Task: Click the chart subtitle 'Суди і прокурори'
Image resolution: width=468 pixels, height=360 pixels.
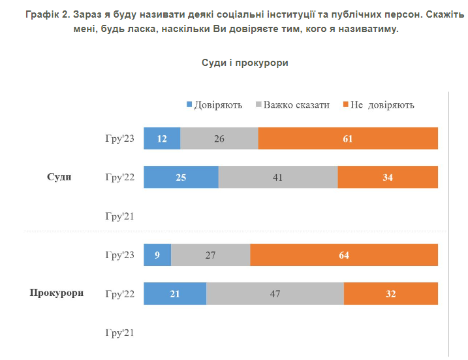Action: tap(245, 63)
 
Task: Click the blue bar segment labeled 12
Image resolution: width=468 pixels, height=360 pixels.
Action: tap(162, 139)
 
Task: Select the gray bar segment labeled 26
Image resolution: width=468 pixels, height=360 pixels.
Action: tap(219, 139)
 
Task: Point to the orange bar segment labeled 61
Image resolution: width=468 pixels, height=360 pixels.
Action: tap(348, 139)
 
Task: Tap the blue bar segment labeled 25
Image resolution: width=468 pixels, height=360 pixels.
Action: tap(181, 177)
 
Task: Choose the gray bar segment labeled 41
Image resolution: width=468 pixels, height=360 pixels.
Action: tap(278, 177)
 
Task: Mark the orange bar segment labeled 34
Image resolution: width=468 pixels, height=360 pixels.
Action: tap(388, 177)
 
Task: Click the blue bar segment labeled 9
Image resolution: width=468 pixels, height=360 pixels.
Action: tap(157, 255)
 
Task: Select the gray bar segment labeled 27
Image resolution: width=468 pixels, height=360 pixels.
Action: tap(210, 255)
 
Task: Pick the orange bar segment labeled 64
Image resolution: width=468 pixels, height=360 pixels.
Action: tap(344, 255)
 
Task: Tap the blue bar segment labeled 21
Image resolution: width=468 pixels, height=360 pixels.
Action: tap(175, 293)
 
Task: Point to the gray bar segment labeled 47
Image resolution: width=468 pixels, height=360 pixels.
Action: tap(275, 293)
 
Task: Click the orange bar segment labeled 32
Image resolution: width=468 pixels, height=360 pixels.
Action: tap(391, 293)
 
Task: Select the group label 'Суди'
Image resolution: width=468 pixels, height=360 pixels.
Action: tap(59, 177)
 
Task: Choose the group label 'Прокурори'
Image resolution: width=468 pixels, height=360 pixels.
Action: tap(57, 293)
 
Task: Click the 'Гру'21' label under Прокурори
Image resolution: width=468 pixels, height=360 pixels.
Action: tap(119, 333)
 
